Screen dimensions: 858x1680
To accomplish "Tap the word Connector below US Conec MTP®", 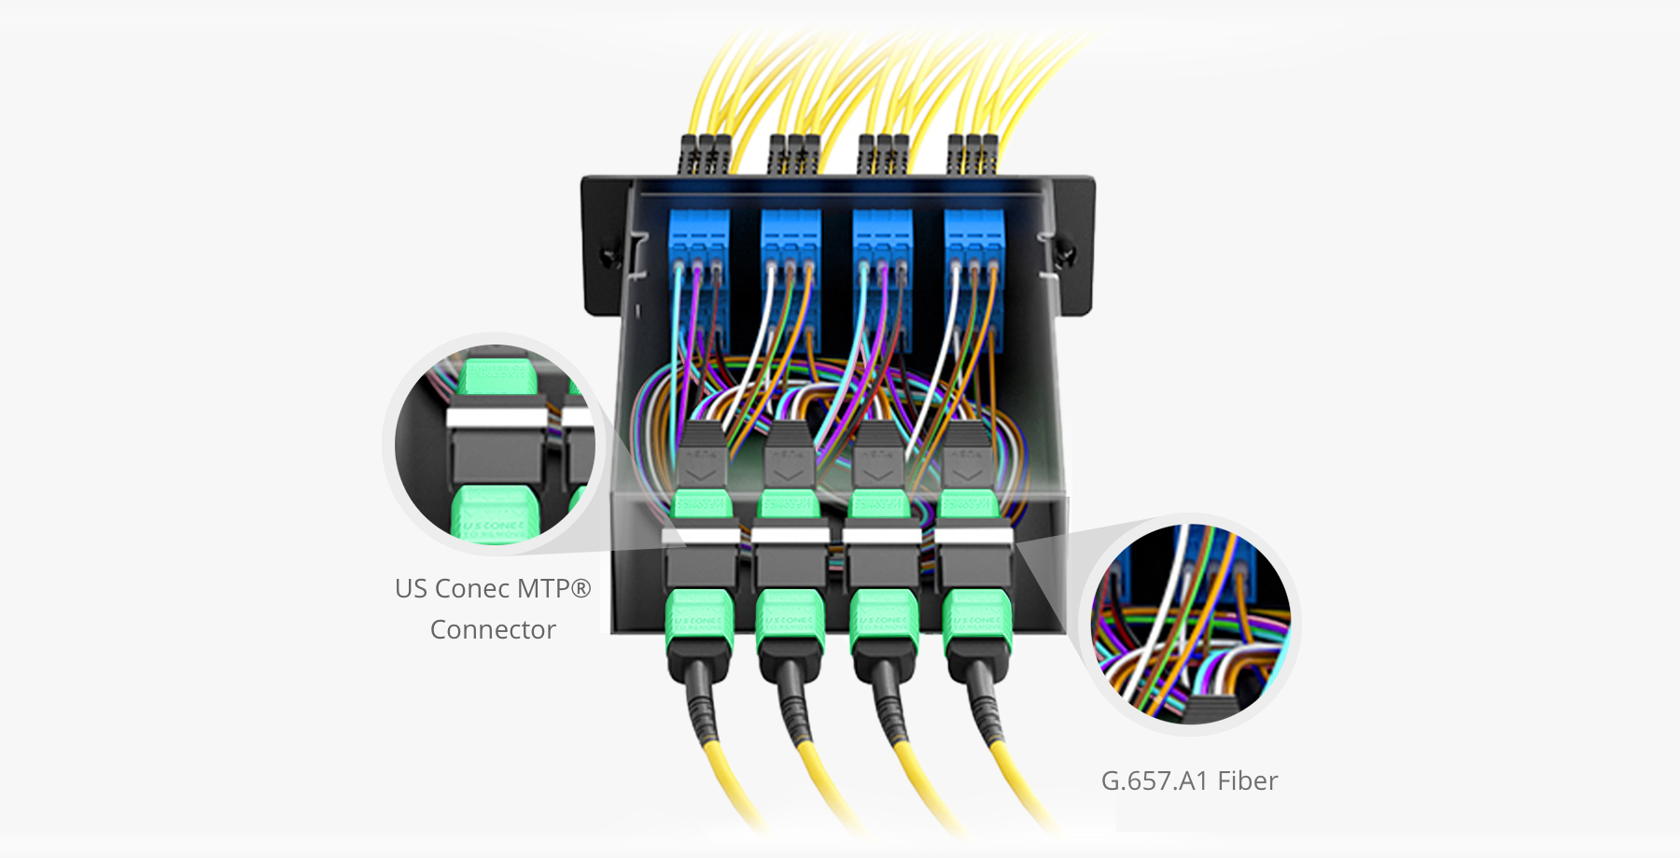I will [493, 630].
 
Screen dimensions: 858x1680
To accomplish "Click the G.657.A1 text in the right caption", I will [1155, 781].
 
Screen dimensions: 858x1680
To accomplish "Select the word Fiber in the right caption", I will [1247, 781].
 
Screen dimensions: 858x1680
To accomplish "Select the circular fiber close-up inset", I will [1190, 624].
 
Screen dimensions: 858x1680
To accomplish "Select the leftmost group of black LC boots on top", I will [705, 155].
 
